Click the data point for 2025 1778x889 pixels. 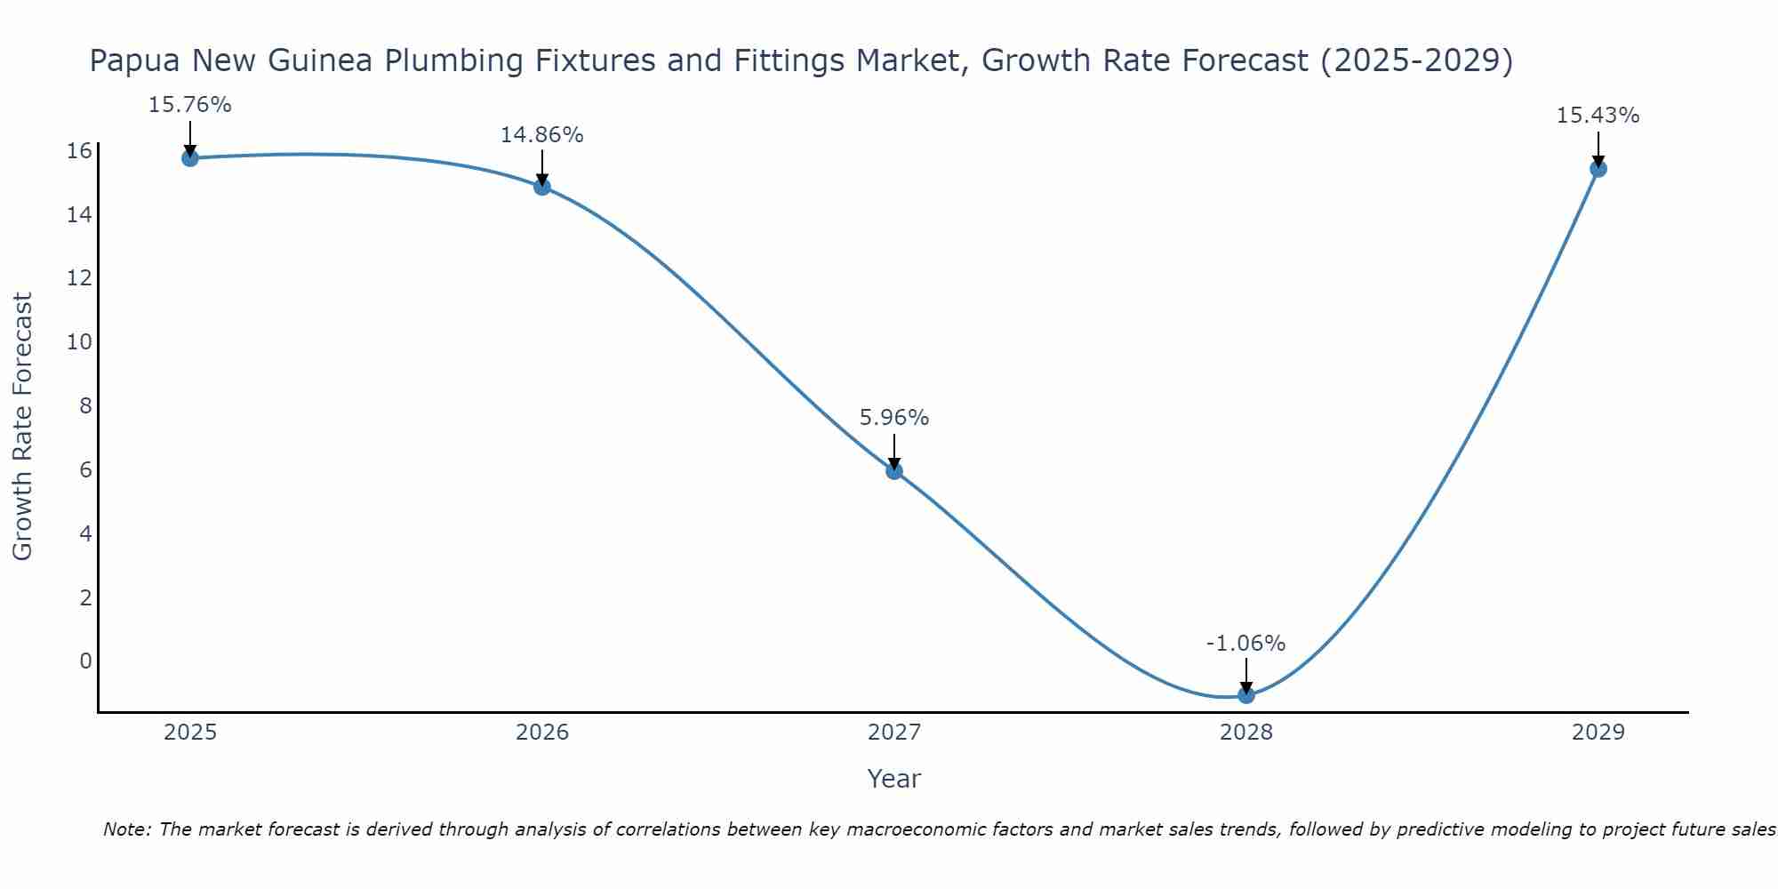(x=189, y=158)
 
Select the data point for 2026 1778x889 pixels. (x=542, y=187)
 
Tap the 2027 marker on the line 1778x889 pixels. (x=894, y=470)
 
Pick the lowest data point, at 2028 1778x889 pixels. (x=1246, y=695)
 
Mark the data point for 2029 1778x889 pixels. (x=1598, y=169)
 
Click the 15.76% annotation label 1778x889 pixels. (x=189, y=105)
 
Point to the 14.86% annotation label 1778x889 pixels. (x=542, y=135)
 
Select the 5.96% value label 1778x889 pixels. (x=894, y=418)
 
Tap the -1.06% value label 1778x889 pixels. (x=1246, y=644)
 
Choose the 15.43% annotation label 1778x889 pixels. (x=1598, y=116)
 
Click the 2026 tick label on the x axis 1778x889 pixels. (x=542, y=733)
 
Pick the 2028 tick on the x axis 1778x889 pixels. (x=1246, y=733)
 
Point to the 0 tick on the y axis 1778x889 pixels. (x=85, y=661)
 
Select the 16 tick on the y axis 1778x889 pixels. (x=80, y=151)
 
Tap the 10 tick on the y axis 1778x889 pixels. (x=80, y=342)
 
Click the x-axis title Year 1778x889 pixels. (x=894, y=779)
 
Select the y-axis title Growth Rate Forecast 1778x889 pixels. (x=23, y=427)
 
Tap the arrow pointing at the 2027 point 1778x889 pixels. (x=894, y=451)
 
